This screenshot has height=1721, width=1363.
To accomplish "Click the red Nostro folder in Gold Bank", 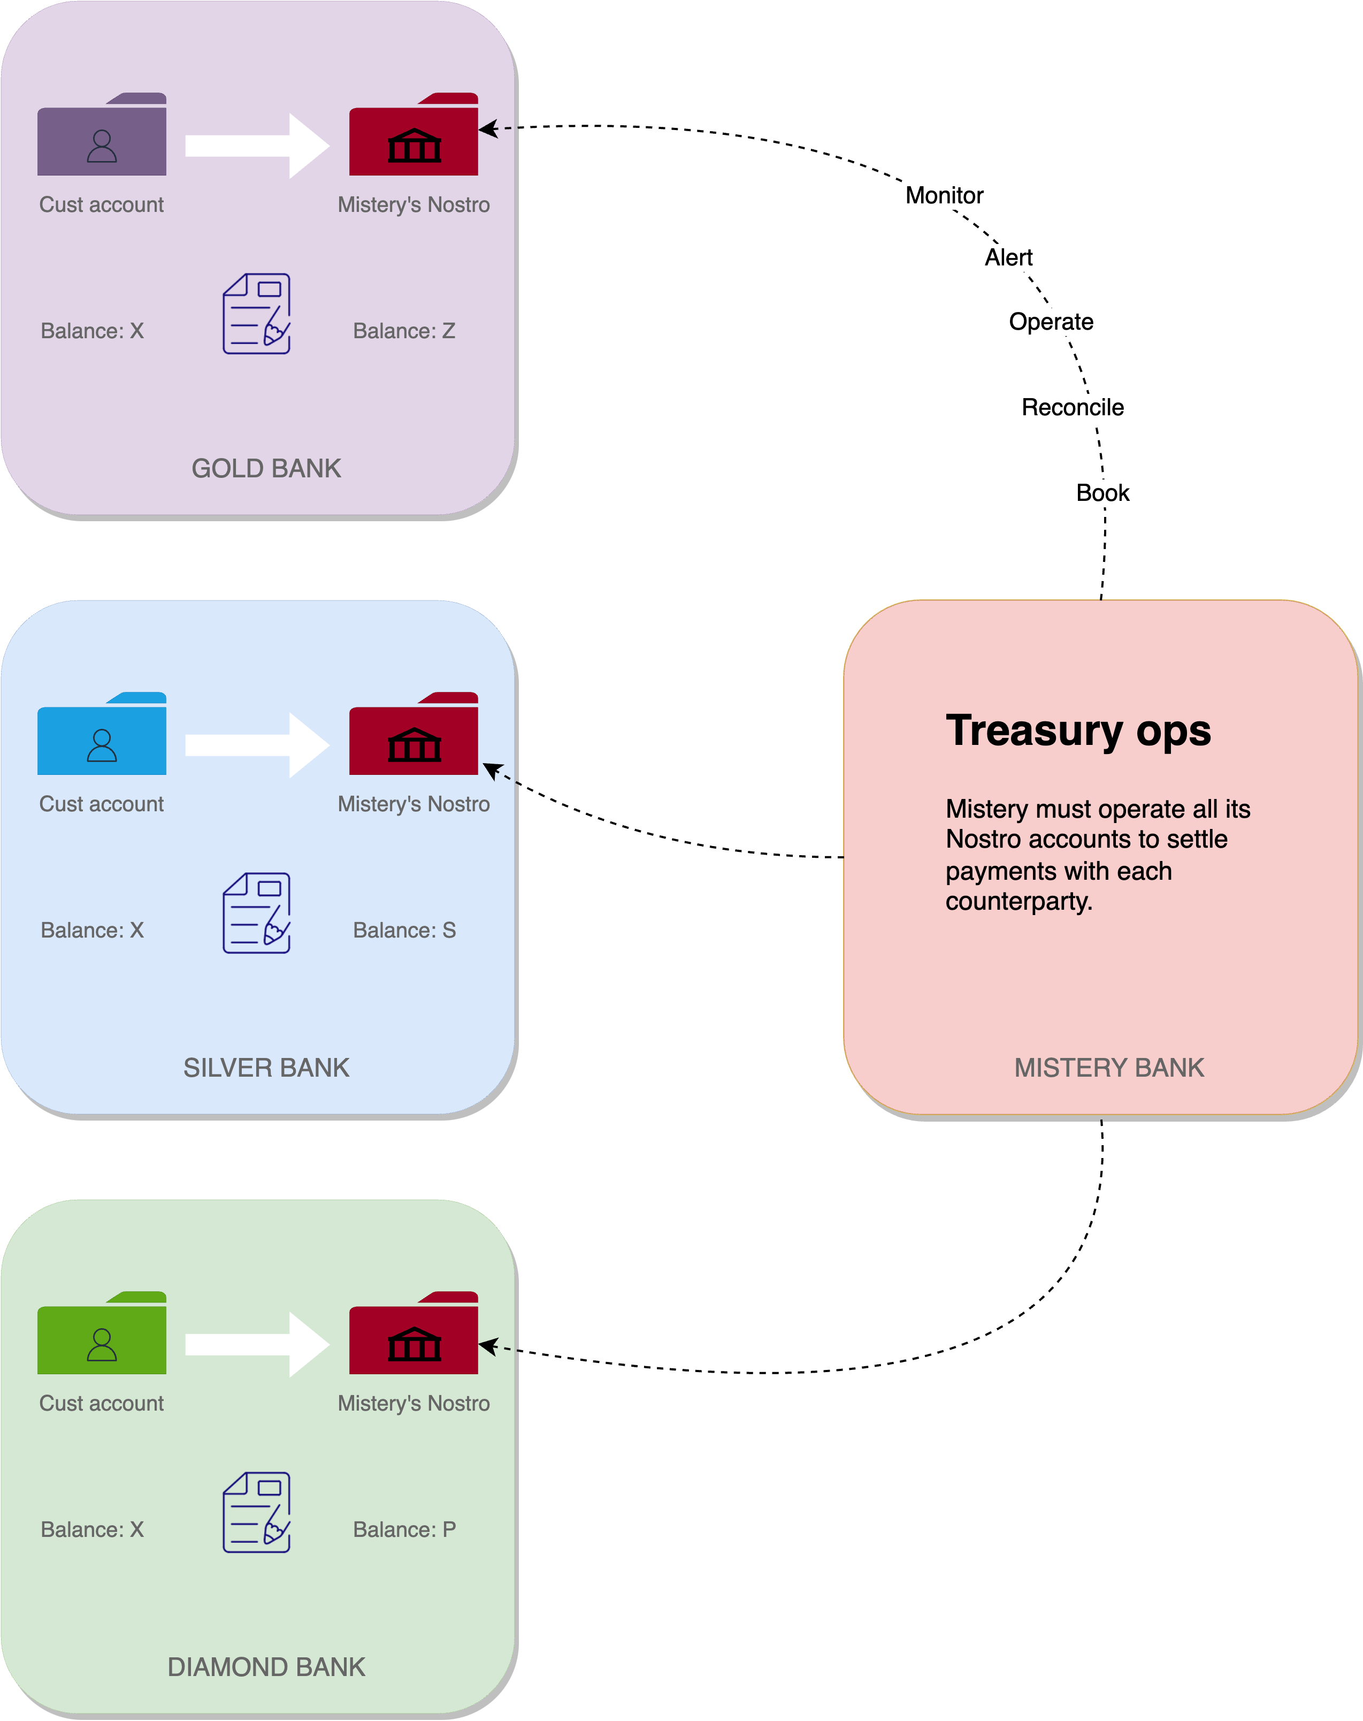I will pyautogui.click(x=414, y=136).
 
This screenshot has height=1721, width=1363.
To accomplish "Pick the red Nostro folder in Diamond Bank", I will pyautogui.click(x=414, y=1335).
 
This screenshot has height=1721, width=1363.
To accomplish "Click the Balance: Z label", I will pyautogui.click(x=404, y=331).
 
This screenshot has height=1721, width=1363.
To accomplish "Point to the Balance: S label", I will pyautogui.click(x=404, y=930).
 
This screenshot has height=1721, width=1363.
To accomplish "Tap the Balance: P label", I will pyautogui.click(x=404, y=1529).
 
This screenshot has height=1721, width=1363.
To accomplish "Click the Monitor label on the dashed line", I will pyautogui.click(x=944, y=195).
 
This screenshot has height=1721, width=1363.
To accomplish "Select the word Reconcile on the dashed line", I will pyautogui.click(x=1073, y=407).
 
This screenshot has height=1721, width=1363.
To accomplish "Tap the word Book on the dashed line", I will pyautogui.click(x=1103, y=492).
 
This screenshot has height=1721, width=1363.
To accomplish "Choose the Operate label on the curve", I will pyautogui.click(x=1051, y=322).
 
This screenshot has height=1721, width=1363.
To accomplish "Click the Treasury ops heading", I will pyautogui.click(x=1078, y=730).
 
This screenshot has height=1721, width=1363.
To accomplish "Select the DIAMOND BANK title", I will pyautogui.click(x=266, y=1667).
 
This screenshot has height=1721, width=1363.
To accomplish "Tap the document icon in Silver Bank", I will pyautogui.click(x=256, y=913).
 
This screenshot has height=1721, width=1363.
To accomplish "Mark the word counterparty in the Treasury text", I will pyautogui.click(x=1019, y=901).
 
